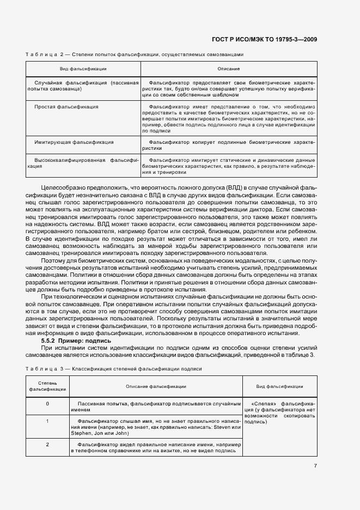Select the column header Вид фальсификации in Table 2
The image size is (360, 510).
click(83, 69)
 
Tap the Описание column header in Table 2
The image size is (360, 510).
click(229, 69)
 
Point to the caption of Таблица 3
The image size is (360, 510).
click(114, 369)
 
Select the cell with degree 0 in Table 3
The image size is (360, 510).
click(47, 403)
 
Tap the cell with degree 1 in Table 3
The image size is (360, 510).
click(47, 421)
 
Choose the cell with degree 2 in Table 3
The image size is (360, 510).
click(47, 445)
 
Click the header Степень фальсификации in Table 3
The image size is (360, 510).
click(47, 386)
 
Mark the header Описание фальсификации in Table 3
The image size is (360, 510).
click(156, 386)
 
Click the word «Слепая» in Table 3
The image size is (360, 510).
click(263, 404)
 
